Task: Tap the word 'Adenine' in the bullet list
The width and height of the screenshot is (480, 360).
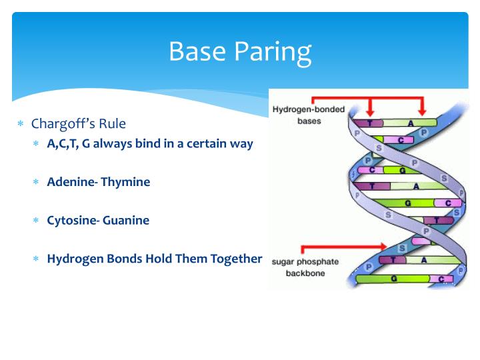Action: tap(71, 181)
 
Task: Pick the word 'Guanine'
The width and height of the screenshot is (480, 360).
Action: tap(127, 220)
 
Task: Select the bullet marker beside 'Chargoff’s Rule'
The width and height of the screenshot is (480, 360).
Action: tap(21, 125)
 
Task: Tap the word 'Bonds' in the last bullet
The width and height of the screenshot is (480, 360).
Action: tap(127, 259)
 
